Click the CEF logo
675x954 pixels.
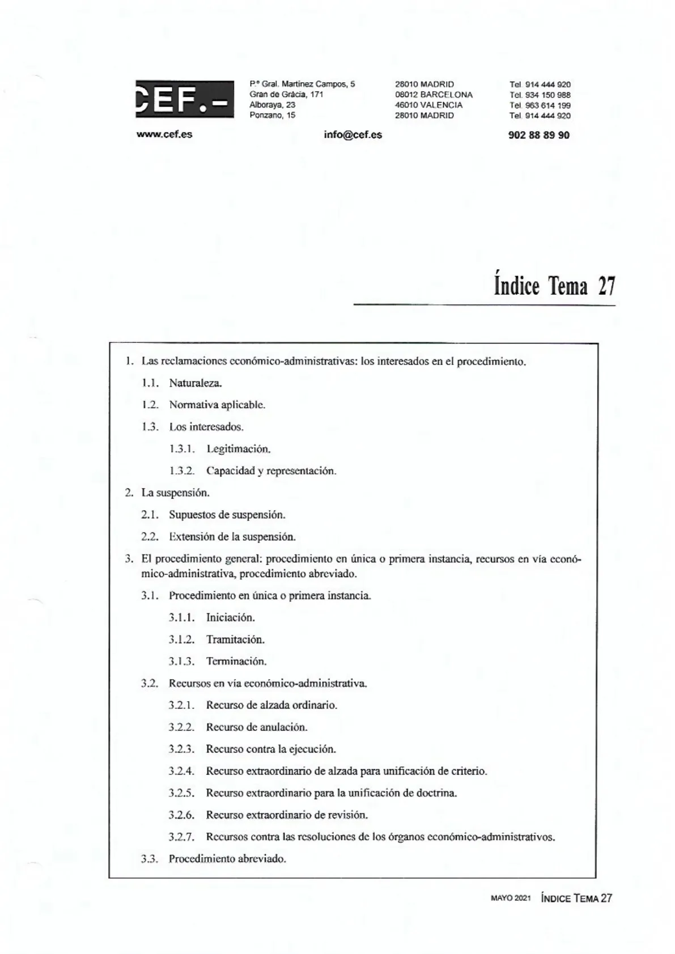tap(184, 99)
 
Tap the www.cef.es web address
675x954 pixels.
tap(164, 135)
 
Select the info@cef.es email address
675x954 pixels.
tap(353, 135)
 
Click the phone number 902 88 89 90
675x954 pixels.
tap(539, 135)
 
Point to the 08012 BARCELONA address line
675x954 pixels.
tap(434, 95)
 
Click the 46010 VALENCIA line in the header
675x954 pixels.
tap(428, 105)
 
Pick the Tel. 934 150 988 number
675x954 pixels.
tap(540, 95)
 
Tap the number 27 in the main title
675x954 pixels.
tap(606, 286)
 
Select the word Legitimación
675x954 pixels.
tap(238, 450)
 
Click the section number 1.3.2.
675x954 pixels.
tap(181, 471)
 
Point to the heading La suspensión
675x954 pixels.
tap(175, 493)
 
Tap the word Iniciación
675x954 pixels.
tap(230, 618)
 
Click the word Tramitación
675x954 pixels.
tap(235, 640)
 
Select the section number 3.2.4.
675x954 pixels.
tap(181, 771)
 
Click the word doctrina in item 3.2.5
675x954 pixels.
tap(436, 793)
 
